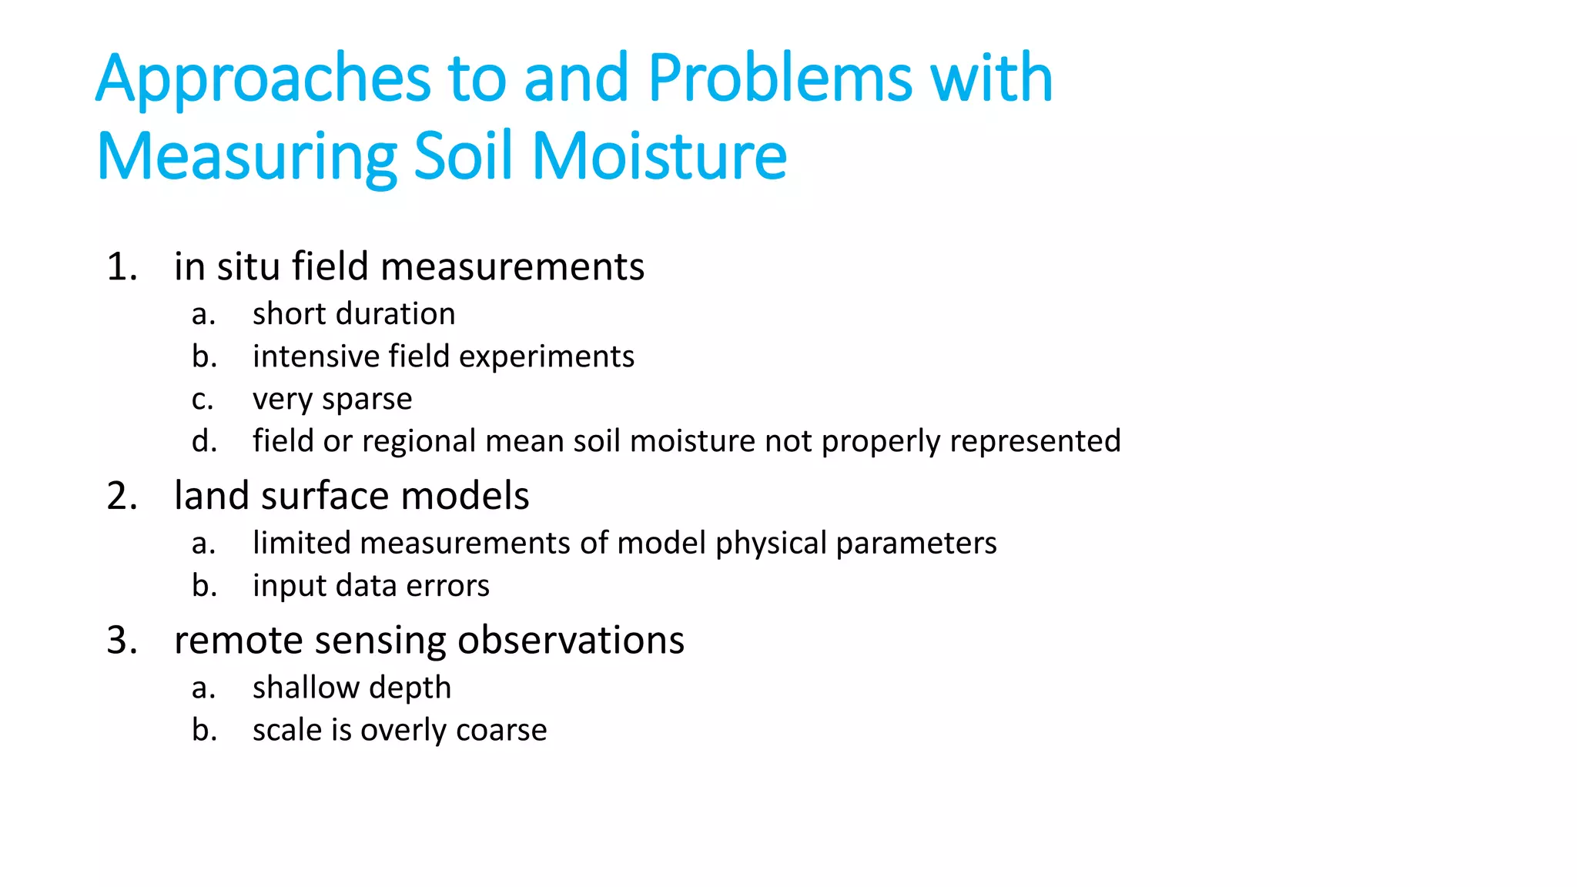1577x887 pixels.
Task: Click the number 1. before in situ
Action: [x=122, y=267]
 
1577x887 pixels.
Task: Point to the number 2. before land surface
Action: [x=122, y=496]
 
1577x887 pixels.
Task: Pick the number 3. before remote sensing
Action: [x=122, y=641]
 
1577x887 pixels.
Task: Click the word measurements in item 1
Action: [x=512, y=268]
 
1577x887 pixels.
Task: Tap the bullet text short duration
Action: [x=353, y=314]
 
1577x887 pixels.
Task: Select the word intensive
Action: [x=316, y=356]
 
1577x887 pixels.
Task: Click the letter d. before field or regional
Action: [x=204, y=442]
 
